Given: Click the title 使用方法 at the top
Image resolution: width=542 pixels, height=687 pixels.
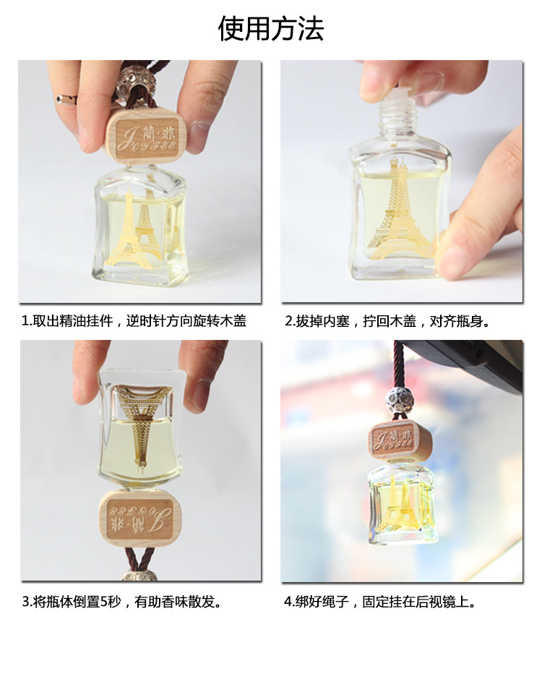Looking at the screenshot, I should point(271,29).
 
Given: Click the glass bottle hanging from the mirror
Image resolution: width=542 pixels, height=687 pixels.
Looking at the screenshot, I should point(401,503).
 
